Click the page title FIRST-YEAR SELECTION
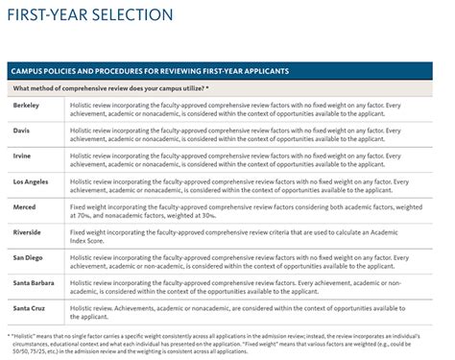pyautogui.click(x=92, y=15)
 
